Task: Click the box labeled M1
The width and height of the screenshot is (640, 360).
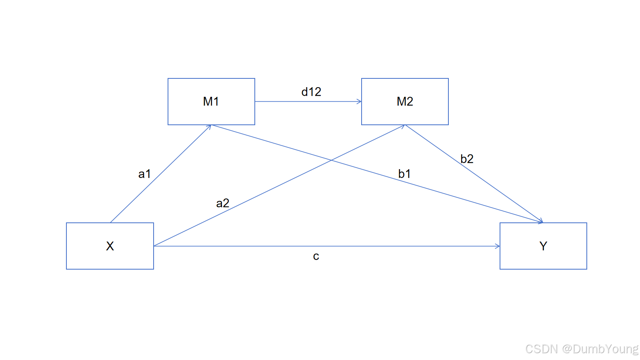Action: (211, 102)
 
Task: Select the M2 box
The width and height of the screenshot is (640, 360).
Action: (405, 102)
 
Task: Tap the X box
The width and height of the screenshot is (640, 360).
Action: (110, 246)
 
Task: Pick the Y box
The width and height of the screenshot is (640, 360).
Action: (543, 246)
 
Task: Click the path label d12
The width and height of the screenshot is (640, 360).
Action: (311, 92)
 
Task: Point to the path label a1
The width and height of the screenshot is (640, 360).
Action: (144, 174)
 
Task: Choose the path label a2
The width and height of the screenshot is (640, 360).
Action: (222, 203)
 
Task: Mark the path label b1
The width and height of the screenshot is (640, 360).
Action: (404, 174)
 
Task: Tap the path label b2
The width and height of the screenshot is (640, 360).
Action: (467, 159)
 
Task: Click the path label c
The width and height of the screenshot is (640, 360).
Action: (316, 256)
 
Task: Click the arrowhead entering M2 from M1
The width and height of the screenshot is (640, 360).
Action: (359, 102)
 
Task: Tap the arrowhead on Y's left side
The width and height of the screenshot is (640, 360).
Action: (498, 246)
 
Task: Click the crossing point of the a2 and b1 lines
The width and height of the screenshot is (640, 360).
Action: (331, 160)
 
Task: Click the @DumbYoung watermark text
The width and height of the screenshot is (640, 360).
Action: (600, 349)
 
